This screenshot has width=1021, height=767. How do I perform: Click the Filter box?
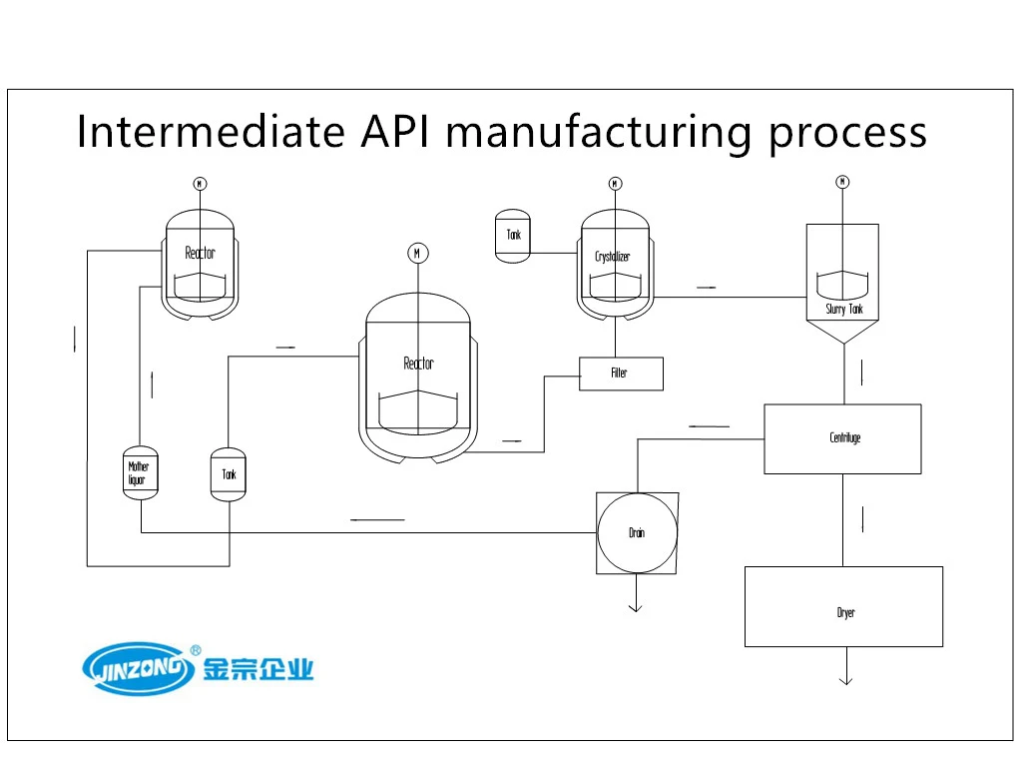pyautogui.click(x=620, y=374)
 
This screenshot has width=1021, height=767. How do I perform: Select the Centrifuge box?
pyautogui.click(x=842, y=438)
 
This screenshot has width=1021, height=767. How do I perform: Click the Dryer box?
pyautogui.click(x=843, y=607)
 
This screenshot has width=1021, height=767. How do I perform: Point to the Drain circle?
pyautogui.click(x=637, y=533)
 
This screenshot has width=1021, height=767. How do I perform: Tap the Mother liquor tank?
pyautogui.click(x=139, y=472)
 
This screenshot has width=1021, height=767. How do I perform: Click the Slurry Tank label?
pyautogui.click(x=843, y=310)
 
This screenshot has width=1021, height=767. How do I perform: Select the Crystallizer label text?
pyautogui.click(x=613, y=257)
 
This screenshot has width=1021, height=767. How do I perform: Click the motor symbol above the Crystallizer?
pyautogui.click(x=615, y=184)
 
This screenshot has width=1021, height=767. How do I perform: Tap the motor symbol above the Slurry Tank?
pyautogui.click(x=842, y=182)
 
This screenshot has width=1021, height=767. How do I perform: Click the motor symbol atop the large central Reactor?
pyautogui.click(x=417, y=253)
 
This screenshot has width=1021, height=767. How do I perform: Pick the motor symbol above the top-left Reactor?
pyautogui.click(x=200, y=184)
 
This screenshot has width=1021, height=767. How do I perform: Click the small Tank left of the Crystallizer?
pyautogui.click(x=513, y=236)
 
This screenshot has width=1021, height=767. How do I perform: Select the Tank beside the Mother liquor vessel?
pyautogui.click(x=230, y=473)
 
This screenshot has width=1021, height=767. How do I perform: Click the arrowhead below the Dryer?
pyautogui.click(x=845, y=679)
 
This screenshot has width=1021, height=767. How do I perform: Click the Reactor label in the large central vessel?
pyautogui.click(x=418, y=364)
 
